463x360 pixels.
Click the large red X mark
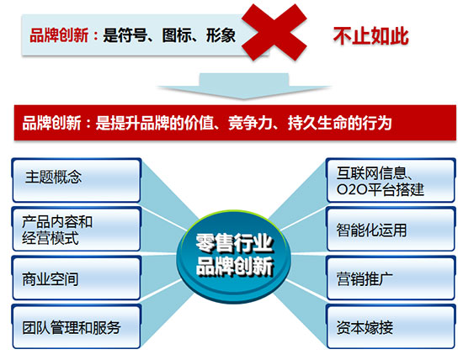click(x=274, y=32)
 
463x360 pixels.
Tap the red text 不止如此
click(x=371, y=36)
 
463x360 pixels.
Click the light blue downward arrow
click(x=243, y=86)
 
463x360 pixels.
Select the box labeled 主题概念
click(x=76, y=180)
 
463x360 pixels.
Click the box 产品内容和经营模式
click(x=76, y=230)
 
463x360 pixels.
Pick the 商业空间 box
click(x=76, y=278)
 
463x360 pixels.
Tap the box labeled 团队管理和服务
click(x=76, y=327)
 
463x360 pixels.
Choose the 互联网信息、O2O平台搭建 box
click(x=391, y=180)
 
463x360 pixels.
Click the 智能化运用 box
click(x=391, y=230)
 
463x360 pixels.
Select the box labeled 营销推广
click(x=391, y=278)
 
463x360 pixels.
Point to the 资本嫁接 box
click(x=391, y=327)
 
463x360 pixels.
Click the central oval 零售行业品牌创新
click(x=234, y=257)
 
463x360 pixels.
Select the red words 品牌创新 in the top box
click(x=59, y=35)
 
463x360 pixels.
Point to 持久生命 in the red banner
click(x=317, y=123)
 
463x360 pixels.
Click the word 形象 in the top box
click(x=221, y=35)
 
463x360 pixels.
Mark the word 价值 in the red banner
click(x=199, y=123)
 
